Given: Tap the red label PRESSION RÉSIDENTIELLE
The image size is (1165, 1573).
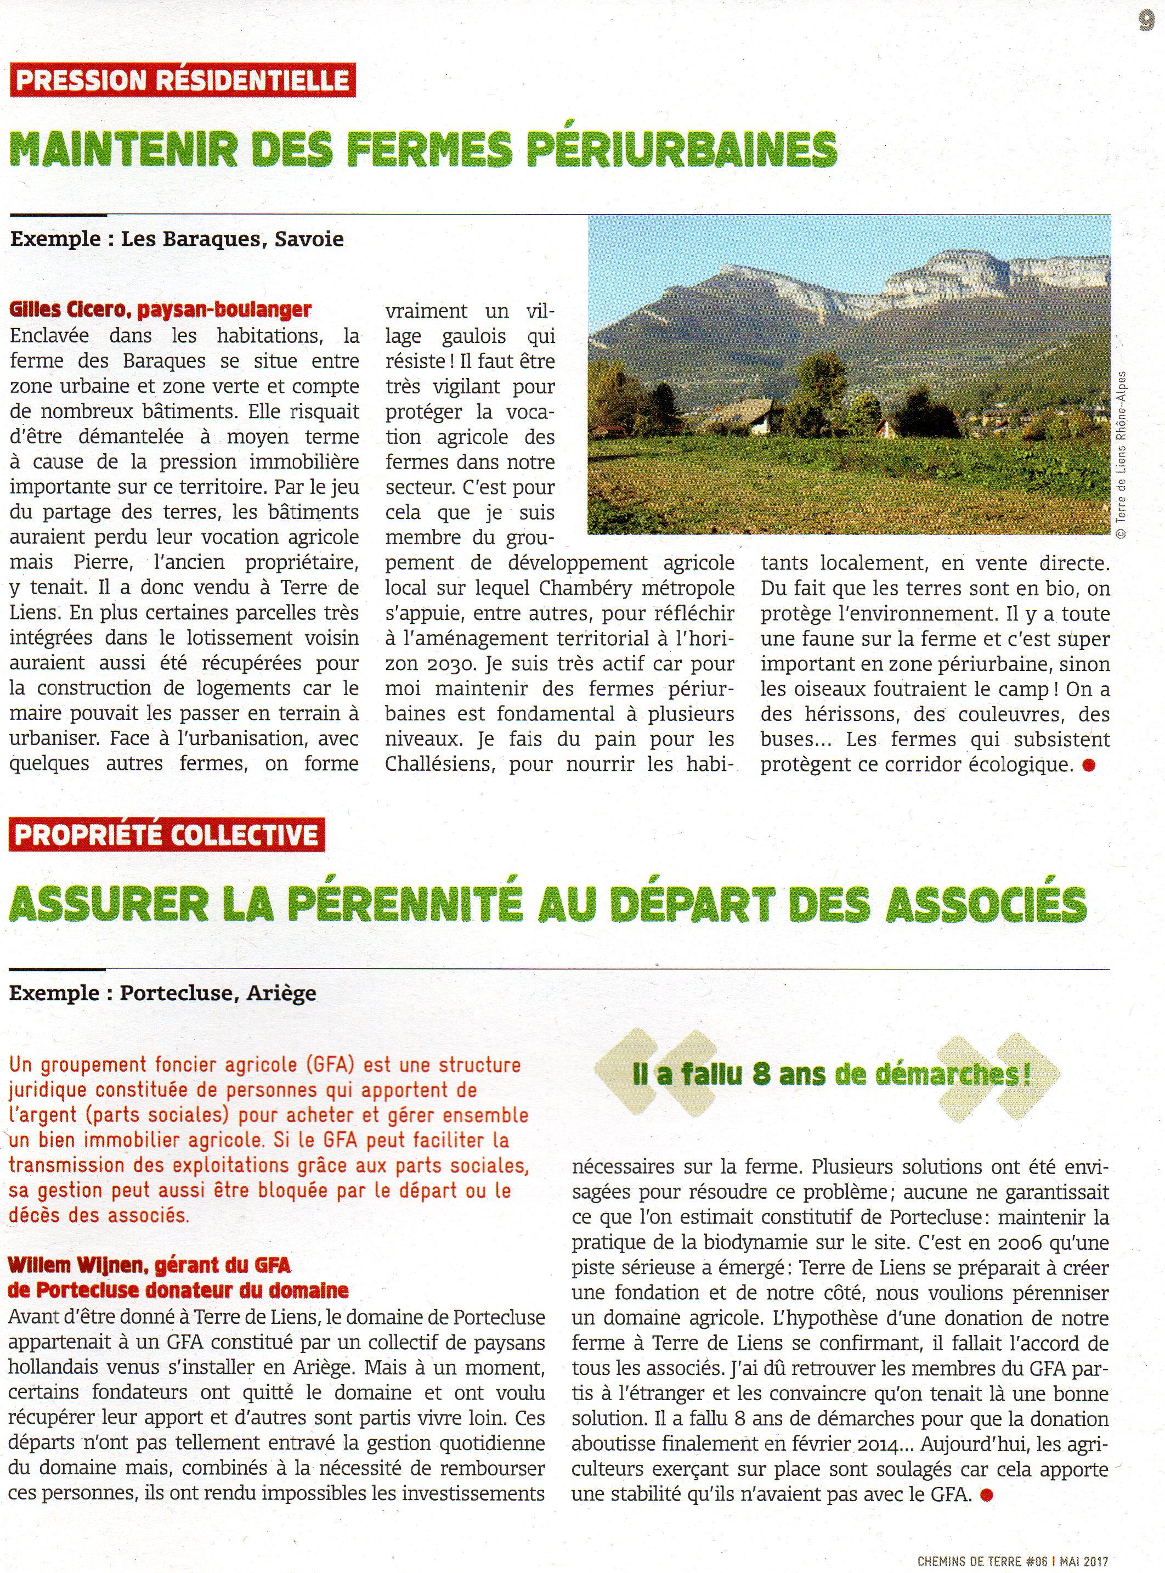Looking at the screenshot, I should click(x=182, y=80).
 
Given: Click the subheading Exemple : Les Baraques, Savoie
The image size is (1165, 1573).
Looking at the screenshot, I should click(x=176, y=239).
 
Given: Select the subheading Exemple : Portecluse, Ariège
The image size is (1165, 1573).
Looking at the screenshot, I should click(x=162, y=993).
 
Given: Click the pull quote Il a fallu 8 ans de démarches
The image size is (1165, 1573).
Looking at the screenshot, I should click(x=832, y=1074).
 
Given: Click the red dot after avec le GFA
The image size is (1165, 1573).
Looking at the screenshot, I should click(x=987, y=1494).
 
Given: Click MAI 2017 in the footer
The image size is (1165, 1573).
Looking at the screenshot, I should click(x=1084, y=1561).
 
